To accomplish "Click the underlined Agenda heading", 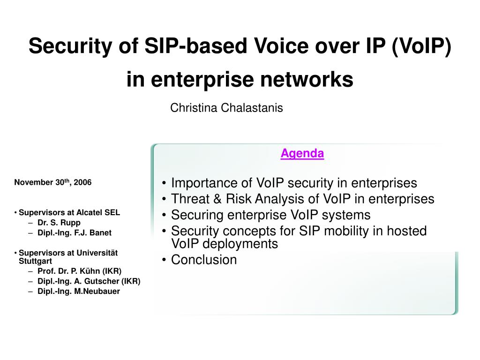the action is click(x=302, y=153).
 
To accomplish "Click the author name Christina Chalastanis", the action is click(x=226, y=108).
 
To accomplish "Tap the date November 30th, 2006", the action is click(x=53, y=182).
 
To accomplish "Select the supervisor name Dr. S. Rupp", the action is click(x=59, y=223).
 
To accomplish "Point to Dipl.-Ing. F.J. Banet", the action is click(x=75, y=232).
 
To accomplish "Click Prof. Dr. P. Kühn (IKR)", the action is click(x=79, y=271).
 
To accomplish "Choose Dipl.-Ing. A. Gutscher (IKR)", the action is click(x=89, y=281).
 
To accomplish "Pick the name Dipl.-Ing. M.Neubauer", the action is click(x=79, y=291).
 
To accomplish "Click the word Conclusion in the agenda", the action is click(x=204, y=260).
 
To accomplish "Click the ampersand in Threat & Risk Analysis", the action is click(x=217, y=199).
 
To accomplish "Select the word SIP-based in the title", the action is click(x=195, y=46).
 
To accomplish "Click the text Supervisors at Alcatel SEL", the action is click(x=69, y=212).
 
